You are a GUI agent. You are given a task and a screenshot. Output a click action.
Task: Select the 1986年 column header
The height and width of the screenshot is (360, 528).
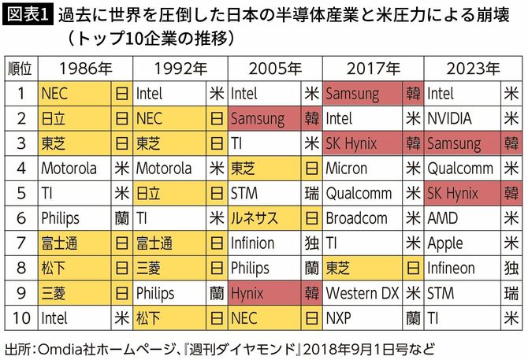tap(85, 69)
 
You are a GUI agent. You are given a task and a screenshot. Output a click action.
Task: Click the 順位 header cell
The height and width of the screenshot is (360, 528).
tap(20, 69)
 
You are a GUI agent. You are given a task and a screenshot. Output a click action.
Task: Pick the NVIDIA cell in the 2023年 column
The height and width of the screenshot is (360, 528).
tap(460, 119)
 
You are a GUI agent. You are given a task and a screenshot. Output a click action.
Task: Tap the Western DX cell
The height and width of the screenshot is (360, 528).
tap(363, 293)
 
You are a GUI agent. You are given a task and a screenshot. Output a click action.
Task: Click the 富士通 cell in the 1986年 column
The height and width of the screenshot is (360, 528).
tap(75, 243)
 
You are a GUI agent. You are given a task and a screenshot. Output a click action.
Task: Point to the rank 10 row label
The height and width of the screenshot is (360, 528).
tap(20, 318)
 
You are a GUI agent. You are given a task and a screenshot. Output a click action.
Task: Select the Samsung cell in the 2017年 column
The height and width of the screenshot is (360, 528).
tap(363, 94)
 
